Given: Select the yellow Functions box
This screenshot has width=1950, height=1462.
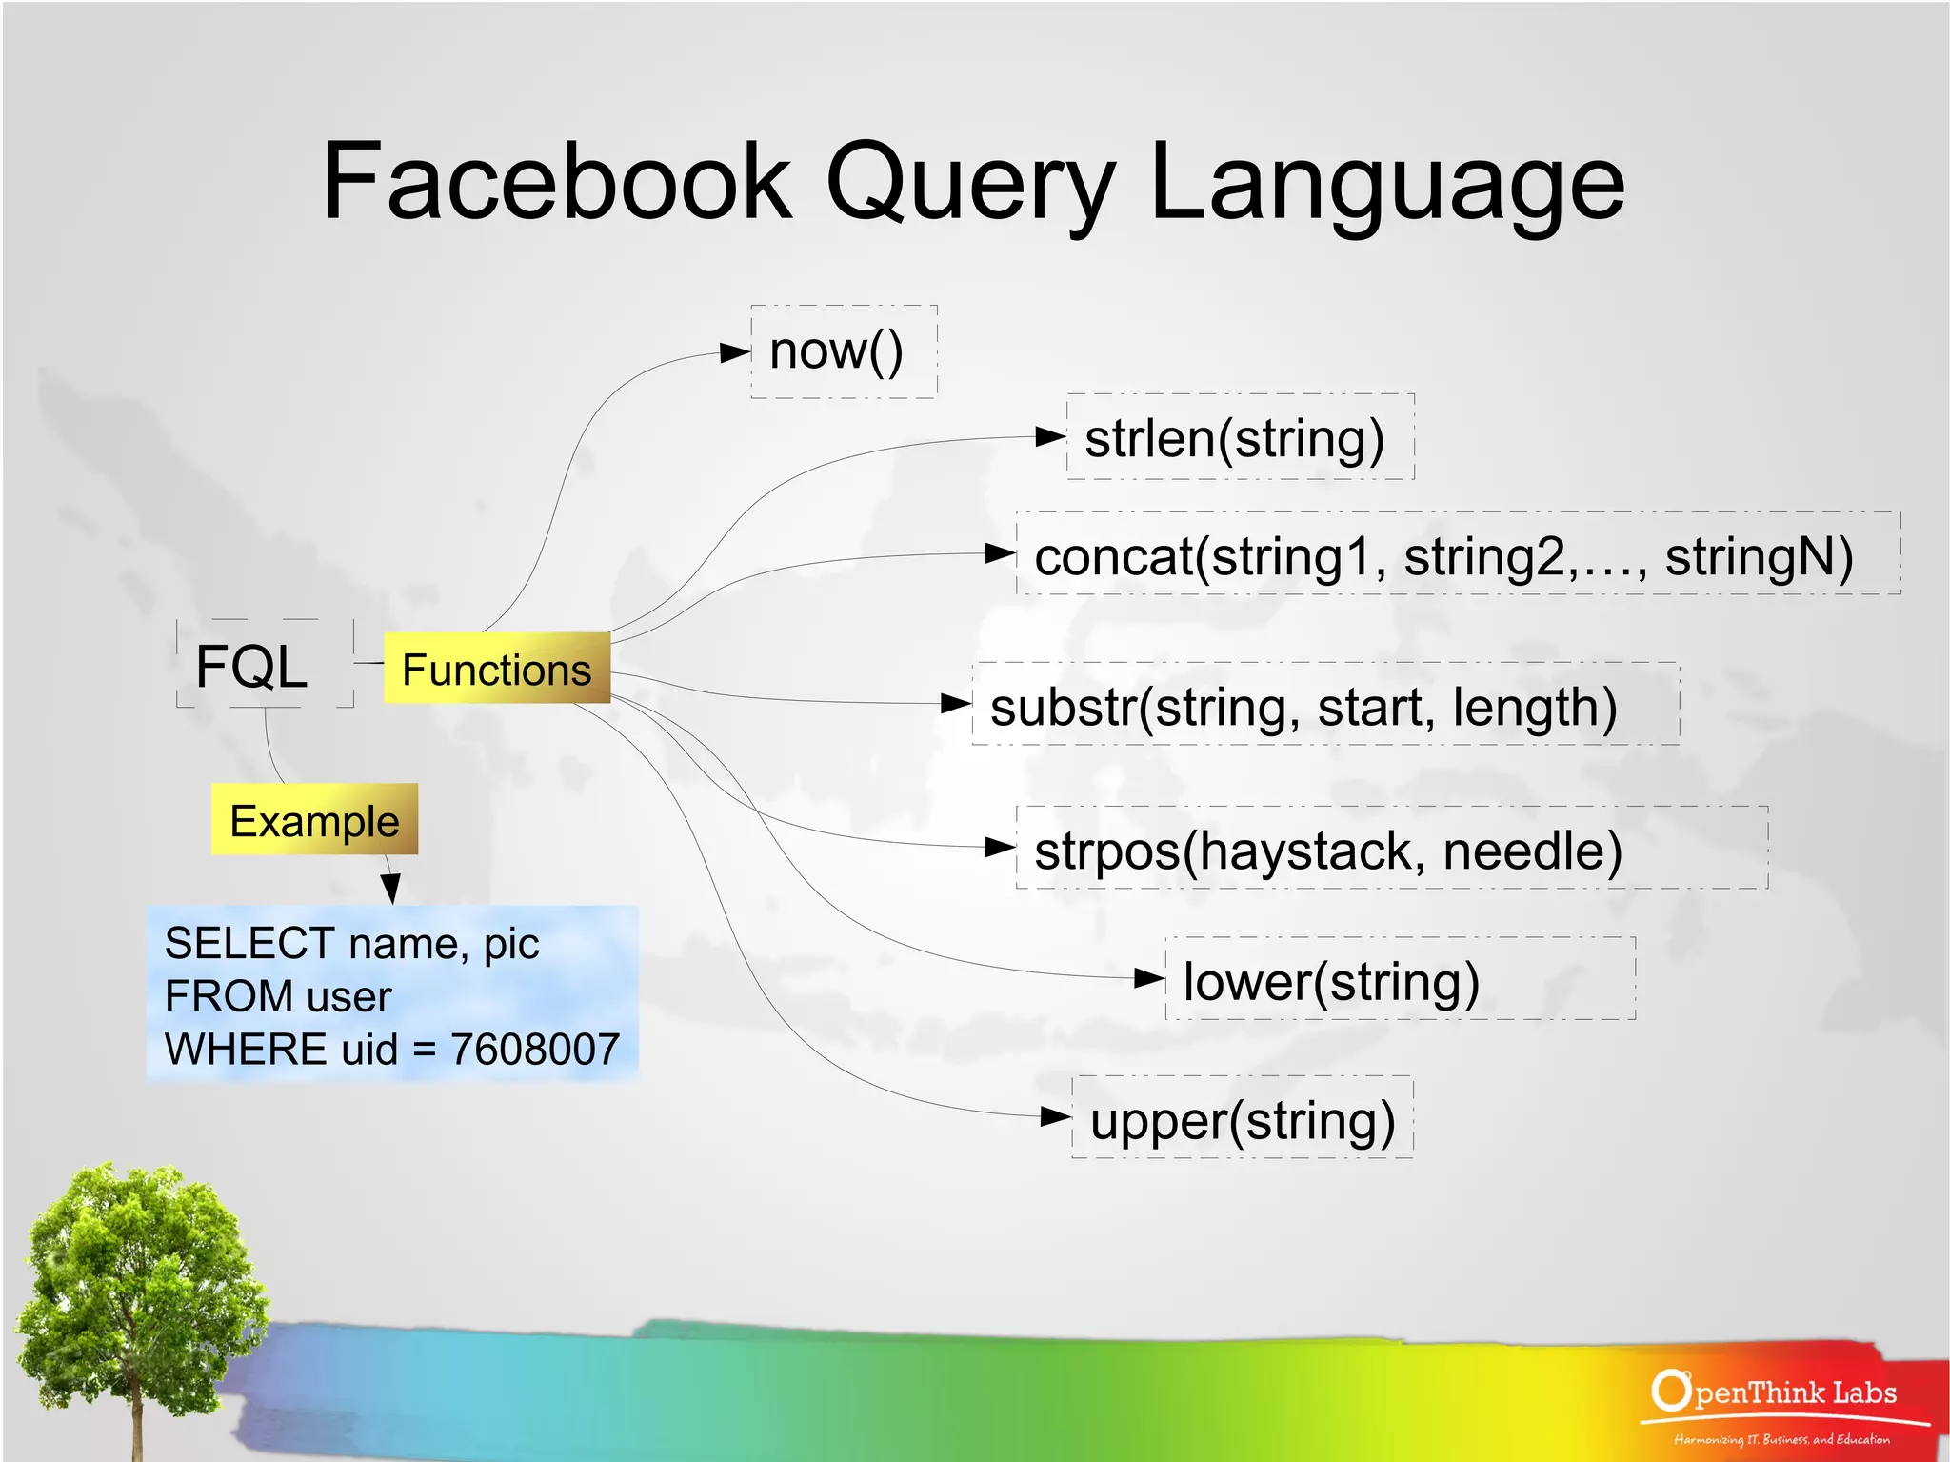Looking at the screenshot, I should point(496,669).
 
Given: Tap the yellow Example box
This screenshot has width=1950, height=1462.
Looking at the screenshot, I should point(314,820).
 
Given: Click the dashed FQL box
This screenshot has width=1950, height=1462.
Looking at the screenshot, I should point(253,665).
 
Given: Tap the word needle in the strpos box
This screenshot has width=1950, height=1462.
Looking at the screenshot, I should point(1532,851).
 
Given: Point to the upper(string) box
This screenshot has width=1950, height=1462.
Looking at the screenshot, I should point(1242,1119).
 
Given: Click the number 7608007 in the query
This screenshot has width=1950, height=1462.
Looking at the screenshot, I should point(534,1050).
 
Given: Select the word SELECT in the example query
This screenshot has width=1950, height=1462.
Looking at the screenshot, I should point(249,943).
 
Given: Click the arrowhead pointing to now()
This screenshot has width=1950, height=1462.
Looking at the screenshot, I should point(735,352).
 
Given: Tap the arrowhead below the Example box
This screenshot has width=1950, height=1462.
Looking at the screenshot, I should point(390,888).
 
